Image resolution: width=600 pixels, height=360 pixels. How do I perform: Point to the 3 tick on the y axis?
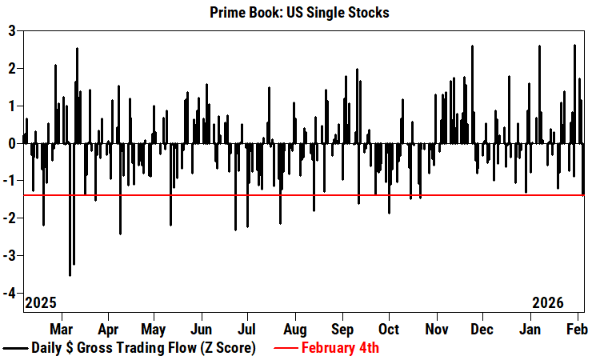click(12, 31)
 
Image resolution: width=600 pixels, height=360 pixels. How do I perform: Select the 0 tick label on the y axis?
click(12, 144)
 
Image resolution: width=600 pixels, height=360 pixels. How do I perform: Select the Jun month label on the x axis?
click(202, 329)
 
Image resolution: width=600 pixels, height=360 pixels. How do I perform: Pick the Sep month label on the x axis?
click(342, 329)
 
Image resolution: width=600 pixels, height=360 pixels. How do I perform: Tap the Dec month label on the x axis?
click(482, 329)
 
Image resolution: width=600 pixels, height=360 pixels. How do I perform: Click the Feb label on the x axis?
click(578, 329)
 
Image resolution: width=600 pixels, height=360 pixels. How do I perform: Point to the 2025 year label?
click(41, 303)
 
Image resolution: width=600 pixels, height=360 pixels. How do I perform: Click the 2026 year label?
click(548, 303)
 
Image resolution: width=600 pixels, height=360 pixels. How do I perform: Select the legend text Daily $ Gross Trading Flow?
click(143, 348)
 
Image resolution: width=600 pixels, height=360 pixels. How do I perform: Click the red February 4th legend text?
click(340, 348)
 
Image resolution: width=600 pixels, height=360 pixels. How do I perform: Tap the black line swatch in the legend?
click(15, 349)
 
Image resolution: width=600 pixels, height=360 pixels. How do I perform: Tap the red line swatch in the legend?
click(286, 349)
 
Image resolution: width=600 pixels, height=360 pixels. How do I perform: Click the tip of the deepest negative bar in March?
click(70, 275)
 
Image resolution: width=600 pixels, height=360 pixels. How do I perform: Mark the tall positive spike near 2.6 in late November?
click(472, 46)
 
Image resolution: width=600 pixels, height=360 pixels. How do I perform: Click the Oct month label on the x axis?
click(389, 329)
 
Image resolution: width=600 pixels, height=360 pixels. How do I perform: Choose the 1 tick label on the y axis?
click(12, 106)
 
